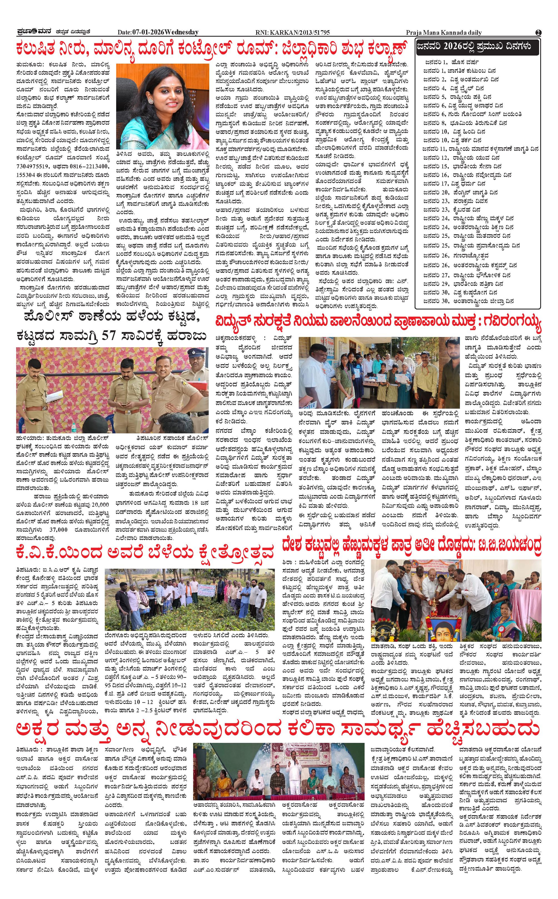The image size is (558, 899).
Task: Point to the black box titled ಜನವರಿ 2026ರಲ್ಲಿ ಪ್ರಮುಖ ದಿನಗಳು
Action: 477,46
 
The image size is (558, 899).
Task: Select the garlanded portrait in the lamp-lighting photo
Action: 443,626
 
